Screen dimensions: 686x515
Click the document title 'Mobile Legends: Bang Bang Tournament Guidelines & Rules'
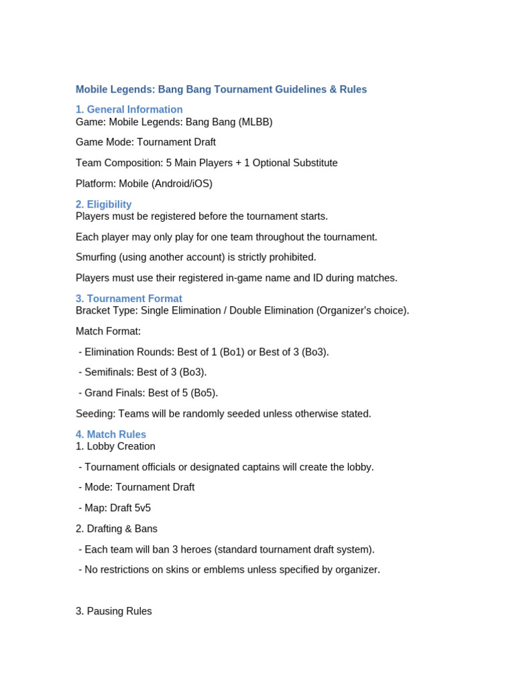tap(221, 89)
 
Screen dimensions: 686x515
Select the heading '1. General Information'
tap(129, 109)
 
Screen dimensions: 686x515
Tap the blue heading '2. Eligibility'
tap(103, 204)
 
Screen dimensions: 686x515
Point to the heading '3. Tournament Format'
tap(129, 299)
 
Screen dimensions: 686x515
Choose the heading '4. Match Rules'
tap(111, 434)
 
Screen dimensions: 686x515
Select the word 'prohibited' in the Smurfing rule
tap(292, 257)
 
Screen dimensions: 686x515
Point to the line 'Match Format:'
tap(108, 332)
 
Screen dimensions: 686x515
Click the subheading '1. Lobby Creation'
tap(115, 446)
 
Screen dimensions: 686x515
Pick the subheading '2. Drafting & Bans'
tap(117, 529)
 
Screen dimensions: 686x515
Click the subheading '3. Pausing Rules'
tap(114, 611)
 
